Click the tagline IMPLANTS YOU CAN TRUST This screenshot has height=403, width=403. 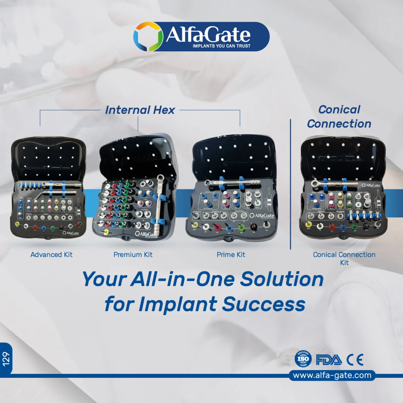(221, 46)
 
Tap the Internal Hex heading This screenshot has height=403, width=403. (140, 110)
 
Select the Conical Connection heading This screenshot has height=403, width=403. (339, 117)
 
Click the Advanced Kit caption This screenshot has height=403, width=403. (51, 255)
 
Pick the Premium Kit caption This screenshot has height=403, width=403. (133, 255)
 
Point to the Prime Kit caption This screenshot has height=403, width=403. (231, 255)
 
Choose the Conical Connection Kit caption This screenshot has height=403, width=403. (344, 258)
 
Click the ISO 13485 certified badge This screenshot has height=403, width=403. (303, 359)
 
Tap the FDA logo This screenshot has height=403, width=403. (329, 360)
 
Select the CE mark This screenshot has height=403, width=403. (355, 360)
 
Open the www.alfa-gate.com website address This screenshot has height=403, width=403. (332, 375)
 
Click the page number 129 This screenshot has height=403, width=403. (6, 359)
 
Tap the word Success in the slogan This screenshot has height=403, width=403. (264, 304)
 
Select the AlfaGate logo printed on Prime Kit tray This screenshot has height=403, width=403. (262, 216)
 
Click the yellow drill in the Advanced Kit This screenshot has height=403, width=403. (17, 224)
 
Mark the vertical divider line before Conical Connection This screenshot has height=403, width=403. (290, 184)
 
